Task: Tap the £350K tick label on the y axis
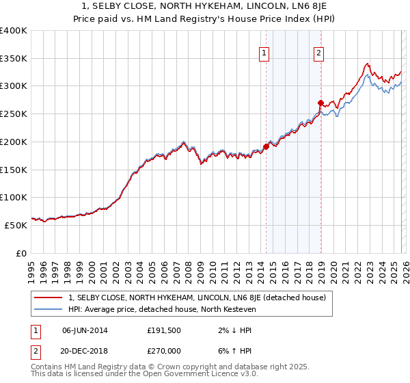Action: coord(14,59)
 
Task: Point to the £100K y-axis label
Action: coord(14,197)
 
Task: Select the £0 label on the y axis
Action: coord(22,252)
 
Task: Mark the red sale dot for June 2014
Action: coord(266,146)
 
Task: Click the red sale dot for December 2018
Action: coord(320,103)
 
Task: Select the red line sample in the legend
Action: coord(49,298)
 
